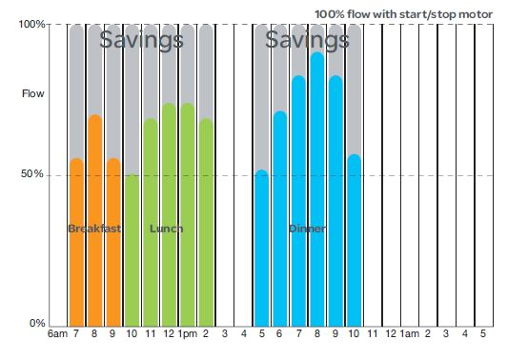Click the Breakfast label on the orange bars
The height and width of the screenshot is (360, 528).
(x=94, y=229)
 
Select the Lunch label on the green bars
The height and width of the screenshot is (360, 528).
(x=167, y=229)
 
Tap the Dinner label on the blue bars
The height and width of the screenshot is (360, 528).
(x=307, y=229)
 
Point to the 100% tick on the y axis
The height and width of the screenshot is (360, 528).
(x=33, y=24)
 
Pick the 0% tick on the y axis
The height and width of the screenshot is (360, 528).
(x=37, y=324)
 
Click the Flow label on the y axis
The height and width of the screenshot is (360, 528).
(x=32, y=94)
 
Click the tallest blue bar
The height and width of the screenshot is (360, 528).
(x=316, y=190)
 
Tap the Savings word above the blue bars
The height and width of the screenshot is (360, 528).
(x=306, y=40)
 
